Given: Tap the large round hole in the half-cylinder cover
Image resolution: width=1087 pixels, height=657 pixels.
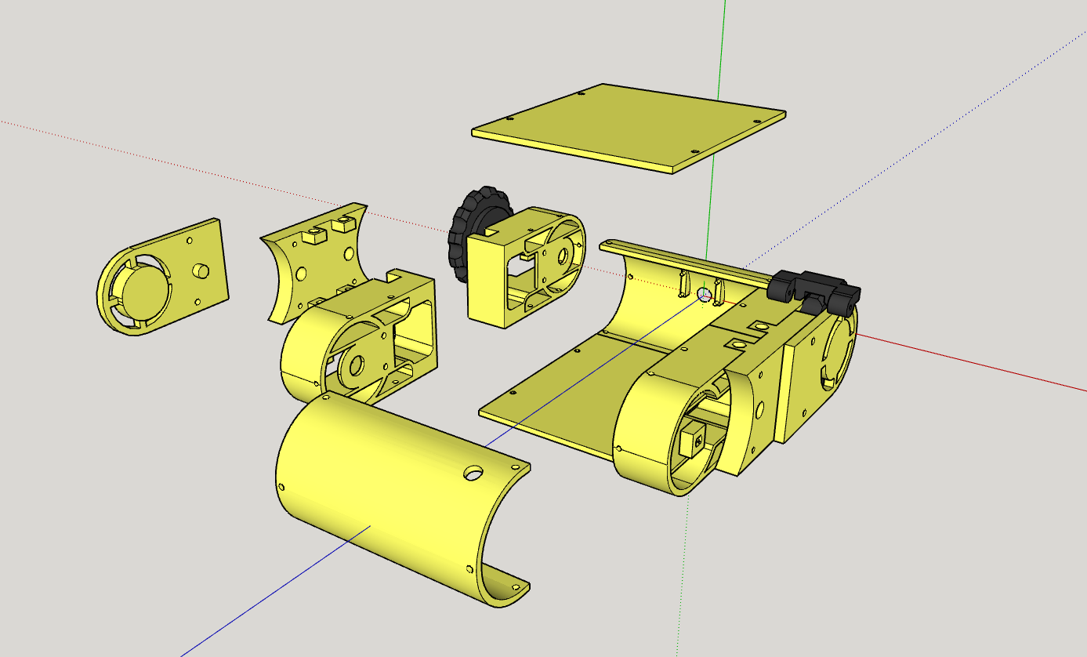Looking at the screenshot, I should point(473,474).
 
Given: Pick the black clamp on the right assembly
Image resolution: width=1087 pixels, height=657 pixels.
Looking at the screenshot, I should point(815,289).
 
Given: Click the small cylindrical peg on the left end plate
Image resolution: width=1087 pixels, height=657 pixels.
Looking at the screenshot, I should point(201,270).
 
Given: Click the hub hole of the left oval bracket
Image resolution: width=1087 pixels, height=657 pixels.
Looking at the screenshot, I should point(355,364).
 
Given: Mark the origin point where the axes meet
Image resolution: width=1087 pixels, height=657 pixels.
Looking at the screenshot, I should point(704,294).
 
